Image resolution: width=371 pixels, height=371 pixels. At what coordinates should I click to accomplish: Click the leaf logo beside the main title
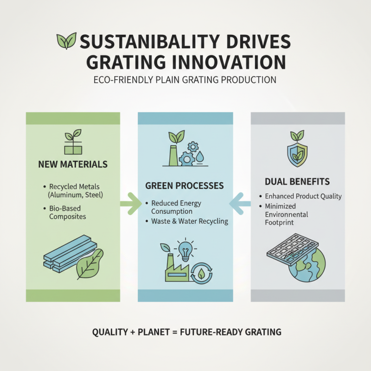pos(66,41)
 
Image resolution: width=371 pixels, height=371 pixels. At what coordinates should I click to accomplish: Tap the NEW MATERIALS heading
pos(73,164)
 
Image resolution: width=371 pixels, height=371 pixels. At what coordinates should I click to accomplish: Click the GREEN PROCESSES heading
pos(185,185)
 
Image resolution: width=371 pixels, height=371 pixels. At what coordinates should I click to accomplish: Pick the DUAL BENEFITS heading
pos(297,182)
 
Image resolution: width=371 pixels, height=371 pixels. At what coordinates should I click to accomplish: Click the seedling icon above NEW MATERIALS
pos(73,141)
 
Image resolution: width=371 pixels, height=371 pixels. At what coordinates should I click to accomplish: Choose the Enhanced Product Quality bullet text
pos(303,196)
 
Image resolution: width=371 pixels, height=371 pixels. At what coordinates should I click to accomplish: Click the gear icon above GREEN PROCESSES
pos(188,158)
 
